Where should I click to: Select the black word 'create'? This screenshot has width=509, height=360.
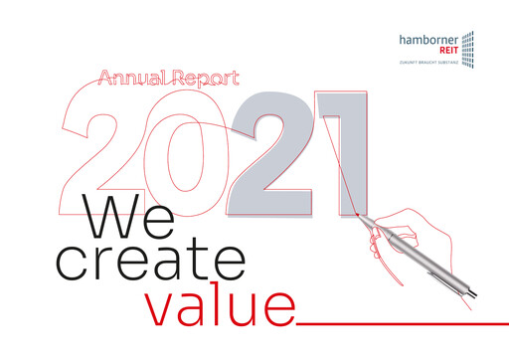pos(150,262)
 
